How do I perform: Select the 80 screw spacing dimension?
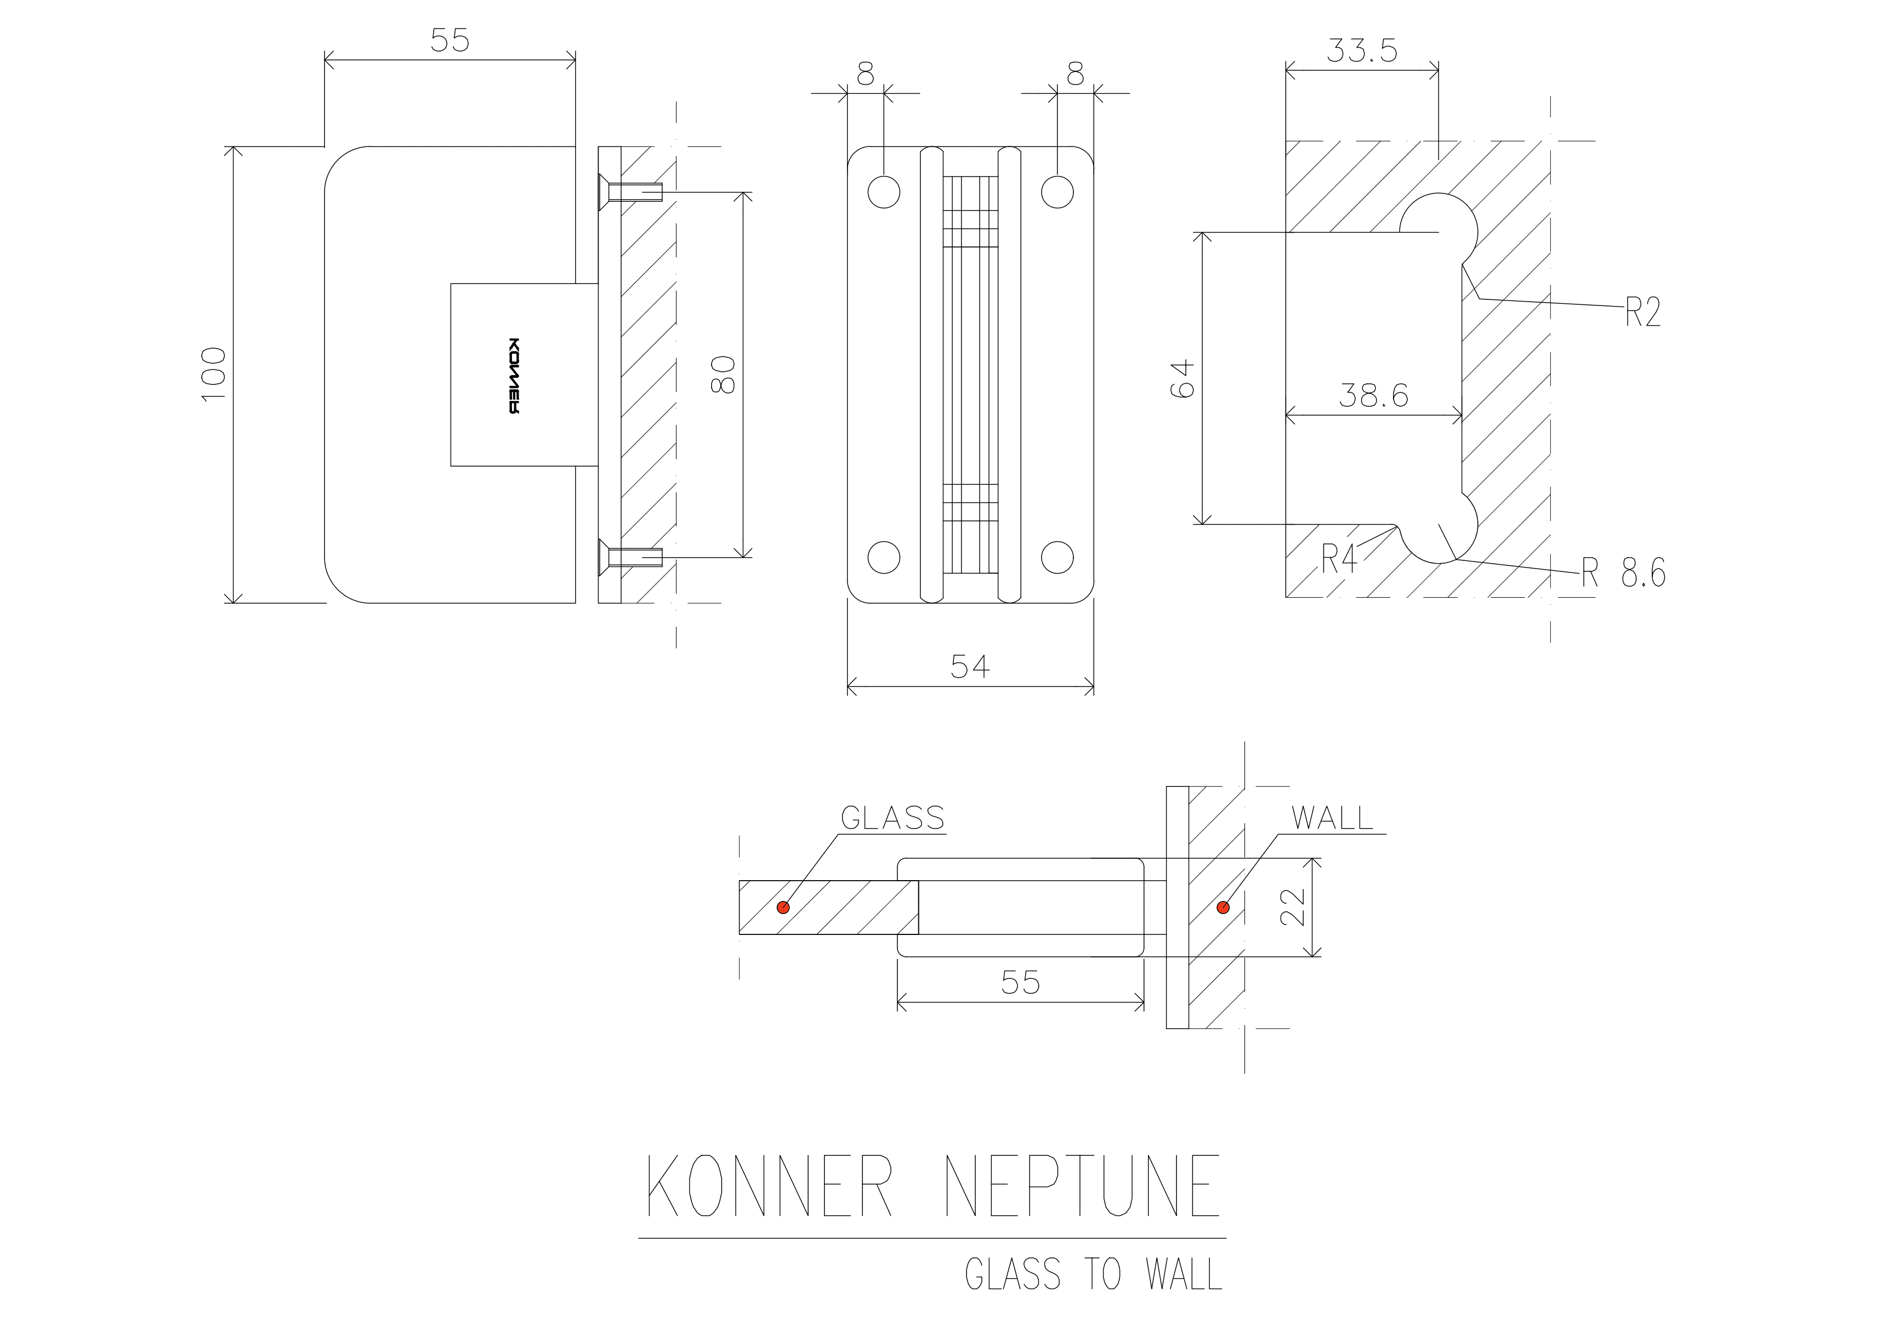click(x=724, y=375)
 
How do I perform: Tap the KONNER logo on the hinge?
click(x=514, y=376)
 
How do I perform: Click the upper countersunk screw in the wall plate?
click(x=630, y=192)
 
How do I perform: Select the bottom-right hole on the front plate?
click(x=1057, y=558)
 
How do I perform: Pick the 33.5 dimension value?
click(x=1362, y=50)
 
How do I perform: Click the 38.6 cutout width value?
click(x=1374, y=395)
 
